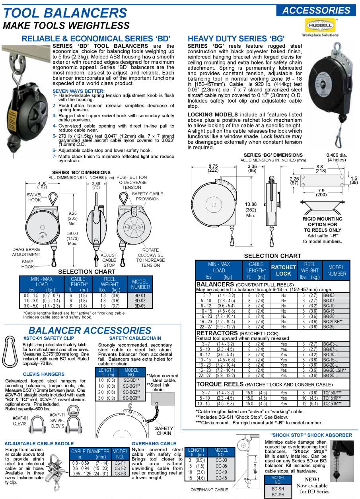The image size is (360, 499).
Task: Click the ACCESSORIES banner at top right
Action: [316, 10]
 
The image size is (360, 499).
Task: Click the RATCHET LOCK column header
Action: [283, 270]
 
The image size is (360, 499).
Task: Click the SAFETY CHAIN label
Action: [164, 431]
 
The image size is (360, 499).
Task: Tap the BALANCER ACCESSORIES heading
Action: [90, 330]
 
